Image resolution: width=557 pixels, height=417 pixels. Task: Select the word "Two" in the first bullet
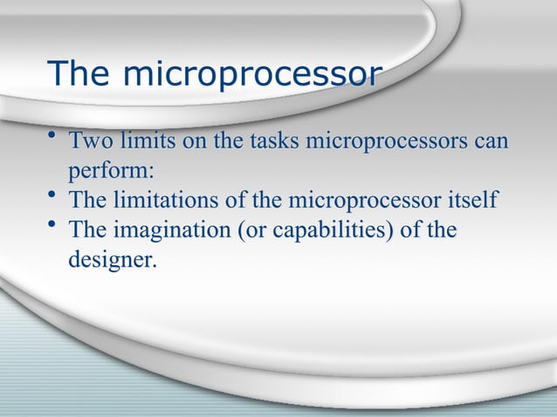(89, 140)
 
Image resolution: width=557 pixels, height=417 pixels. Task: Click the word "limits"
(143, 140)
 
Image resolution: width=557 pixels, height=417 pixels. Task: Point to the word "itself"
(471, 201)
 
